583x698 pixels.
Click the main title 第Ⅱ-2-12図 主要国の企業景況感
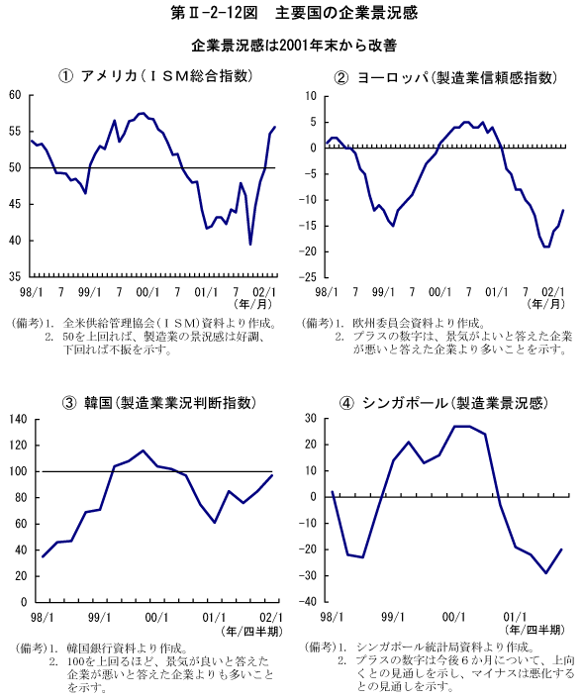(294, 13)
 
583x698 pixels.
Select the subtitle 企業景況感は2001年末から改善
(294, 46)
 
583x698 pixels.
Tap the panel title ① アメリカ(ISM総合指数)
(155, 76)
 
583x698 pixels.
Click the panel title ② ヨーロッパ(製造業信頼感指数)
(445, 78)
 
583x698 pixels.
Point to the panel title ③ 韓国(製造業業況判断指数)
(159, 403)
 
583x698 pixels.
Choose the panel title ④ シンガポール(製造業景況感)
(443, 403)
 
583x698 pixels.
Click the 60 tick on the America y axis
(15, 95)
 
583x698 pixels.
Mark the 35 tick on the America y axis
(15, 277)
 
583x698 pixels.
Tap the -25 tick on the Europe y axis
(307, 277)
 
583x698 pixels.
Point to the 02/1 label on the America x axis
(264, 292)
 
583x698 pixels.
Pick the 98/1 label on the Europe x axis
(327, 292)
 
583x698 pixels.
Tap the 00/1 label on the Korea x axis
(156, 618)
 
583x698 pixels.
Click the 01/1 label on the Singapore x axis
(515, 617)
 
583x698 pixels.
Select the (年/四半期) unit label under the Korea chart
(251, 632)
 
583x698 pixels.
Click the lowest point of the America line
(250, 245)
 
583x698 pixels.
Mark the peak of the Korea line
(143, 450)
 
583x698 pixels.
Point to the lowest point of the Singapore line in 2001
(546, 573)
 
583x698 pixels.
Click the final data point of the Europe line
(563, 210)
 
